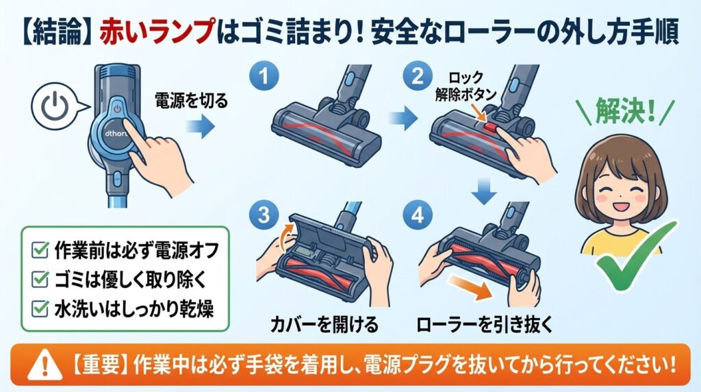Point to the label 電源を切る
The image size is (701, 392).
tap(186, 100)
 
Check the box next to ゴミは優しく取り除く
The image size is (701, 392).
tap(40, 278)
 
